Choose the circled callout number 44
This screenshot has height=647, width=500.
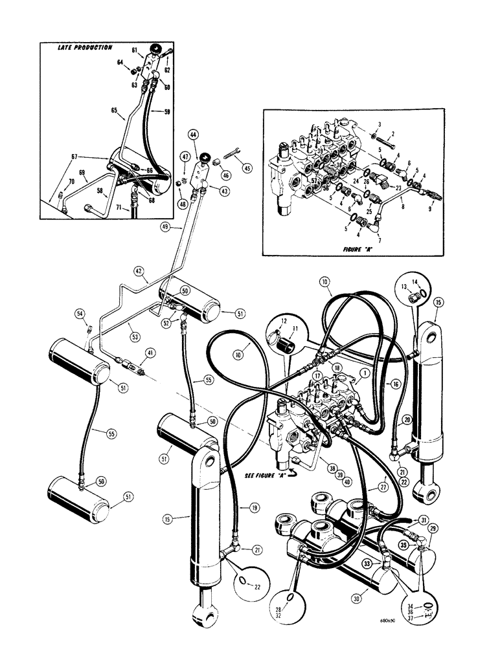pyautogui.click(x=193, y=135)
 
